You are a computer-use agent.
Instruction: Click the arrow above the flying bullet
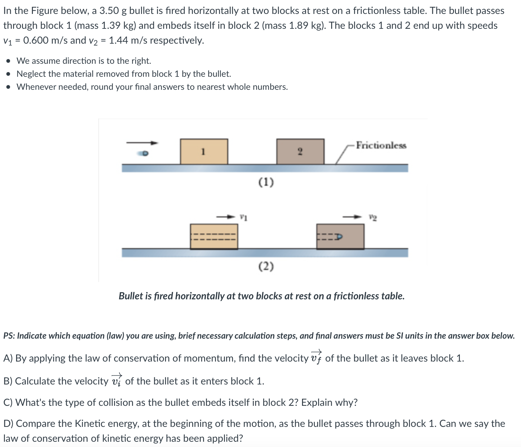point(142,143)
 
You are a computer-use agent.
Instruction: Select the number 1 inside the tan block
point(203,152)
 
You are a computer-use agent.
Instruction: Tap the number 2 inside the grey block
point(300,152)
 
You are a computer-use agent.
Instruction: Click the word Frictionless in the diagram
point(381,145)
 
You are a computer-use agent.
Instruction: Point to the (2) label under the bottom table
point(266,266)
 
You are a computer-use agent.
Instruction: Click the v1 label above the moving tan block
point(243,218)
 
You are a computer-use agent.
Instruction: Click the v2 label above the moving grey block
point(373,218)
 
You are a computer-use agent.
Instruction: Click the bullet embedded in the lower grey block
point(339,237)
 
